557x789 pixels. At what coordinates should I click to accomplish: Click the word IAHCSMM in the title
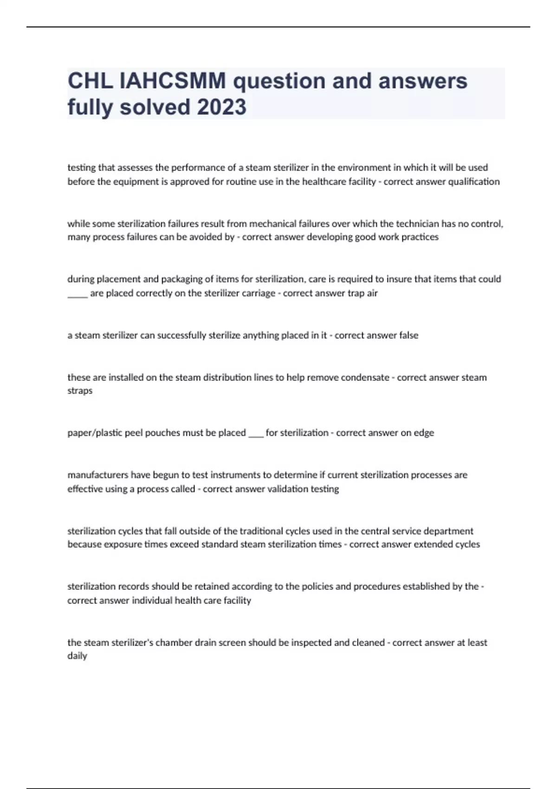point(173,81)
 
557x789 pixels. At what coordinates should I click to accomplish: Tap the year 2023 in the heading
point(221,107)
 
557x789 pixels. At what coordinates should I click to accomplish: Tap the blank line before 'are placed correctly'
point(77,294)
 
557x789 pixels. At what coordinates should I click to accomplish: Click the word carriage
point(258,293)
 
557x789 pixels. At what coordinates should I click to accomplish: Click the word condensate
point(365,377)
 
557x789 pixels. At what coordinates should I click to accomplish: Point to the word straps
point(80,391)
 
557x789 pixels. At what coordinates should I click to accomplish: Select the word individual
point(151,600)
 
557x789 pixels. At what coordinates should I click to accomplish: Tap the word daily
point(77,656)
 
